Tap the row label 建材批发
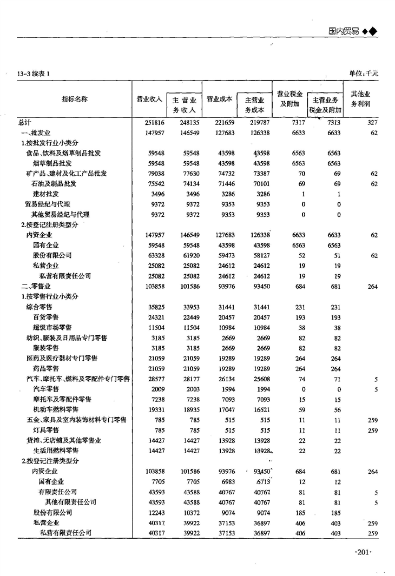coord(46,194)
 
